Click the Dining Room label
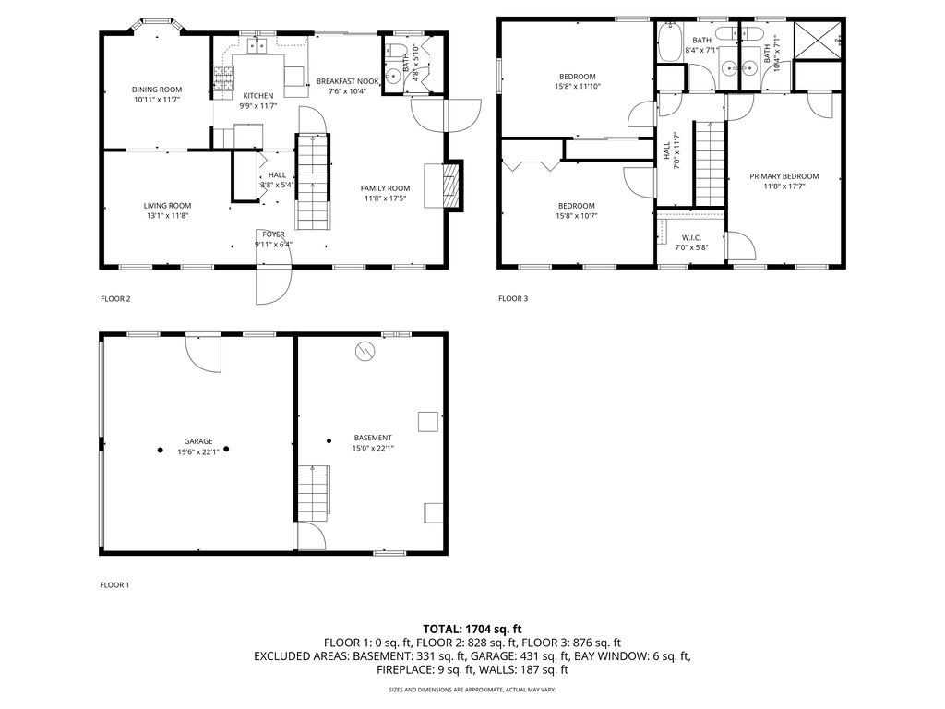pyautogui.click(x=157, y=90)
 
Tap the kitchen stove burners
pyautogui.click(x=222, y=79)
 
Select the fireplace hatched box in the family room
pyautogui.click(x=451, y=185)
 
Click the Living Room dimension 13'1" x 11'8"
pyautogui.click(x=167, y=215)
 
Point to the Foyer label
pyautogui.click(x=273, y=234)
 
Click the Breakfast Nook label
pyautogui.click(x=347, y=81)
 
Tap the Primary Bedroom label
pyautogui.click(x=784, y=176)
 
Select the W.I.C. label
pyautogui.click(x=691, y=238)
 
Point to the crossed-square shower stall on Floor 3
pyautogui.click(x=818, y=41)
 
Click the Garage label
pyautogui.click(x=198, y=441)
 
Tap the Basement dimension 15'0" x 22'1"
pyautogui.click(x=373, y=448)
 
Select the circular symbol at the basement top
pyautogui.click(x=365, y=351)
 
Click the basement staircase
pyautogui.click(x=314, y=493)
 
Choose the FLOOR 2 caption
pyautogui.click(x=115, y=299)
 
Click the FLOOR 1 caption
pyautogui.click(x=114, y=584)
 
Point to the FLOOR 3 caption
pyautogui.click(x=513, y=298)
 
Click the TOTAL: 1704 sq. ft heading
pyautogui.click(x=472, y=630)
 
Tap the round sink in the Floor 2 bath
pyautogui.click(x=394, y=77)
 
